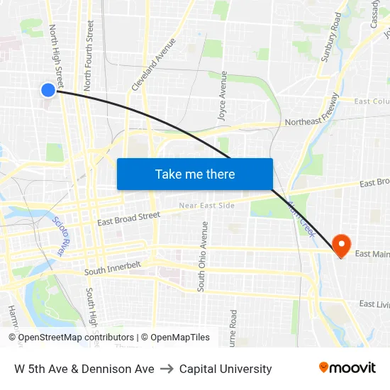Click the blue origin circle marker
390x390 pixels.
pyautogui.click(x=48, y=89)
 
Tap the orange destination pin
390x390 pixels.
pyautogui.click(x=341, y=245)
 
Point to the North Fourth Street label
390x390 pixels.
pyautogui.click(x=89, y=55)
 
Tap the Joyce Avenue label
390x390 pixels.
pyautogui.click(x=223, y=96)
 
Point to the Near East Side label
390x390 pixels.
pyautogui.click(x=206, y=206)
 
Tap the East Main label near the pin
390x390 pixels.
pyautogui.click(x=372, y=254)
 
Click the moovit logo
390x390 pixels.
pyautogui.click(x=347, y=368)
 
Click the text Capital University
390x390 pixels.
pyautogui.click(x=225, y=369)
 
